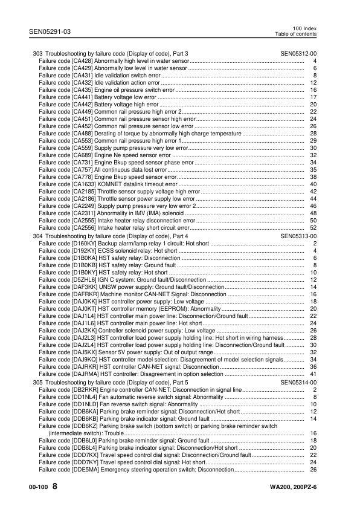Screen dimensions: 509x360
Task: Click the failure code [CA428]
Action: coord(82,61)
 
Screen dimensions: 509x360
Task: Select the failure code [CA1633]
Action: coord(83,184)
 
